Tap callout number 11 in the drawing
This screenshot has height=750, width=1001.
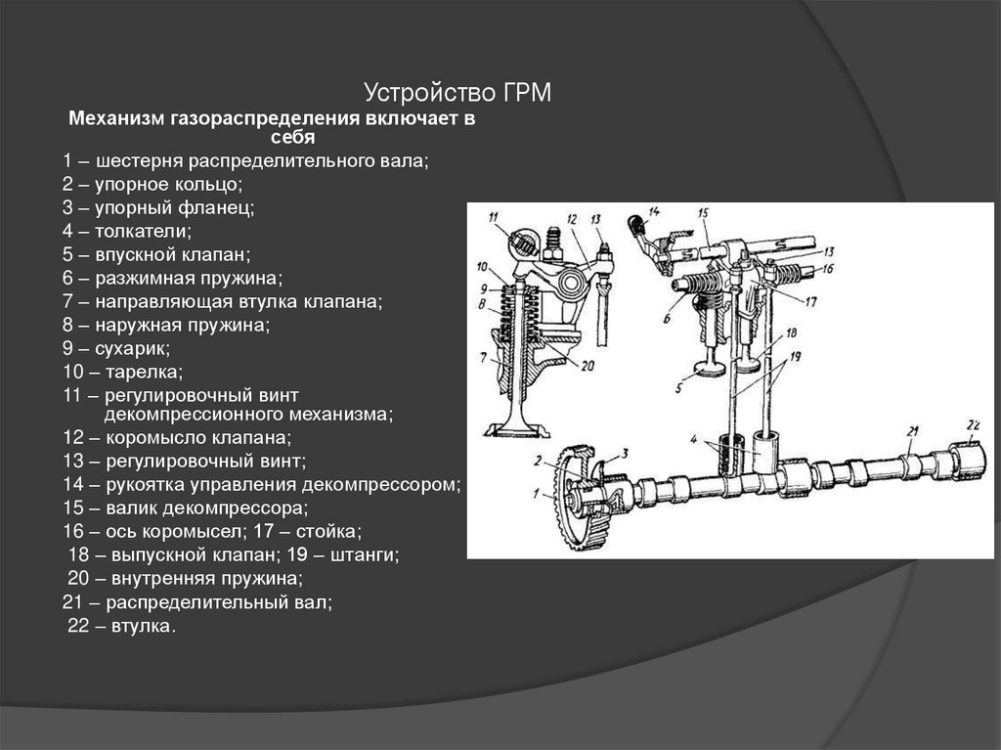pos(493,216)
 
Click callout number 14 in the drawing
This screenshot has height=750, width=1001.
pos(653,211)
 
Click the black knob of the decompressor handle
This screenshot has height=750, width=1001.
pos(636,222)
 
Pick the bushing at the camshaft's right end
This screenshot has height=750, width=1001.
pos(965,460)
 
